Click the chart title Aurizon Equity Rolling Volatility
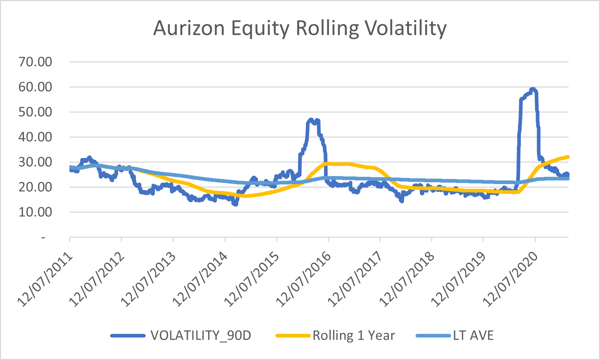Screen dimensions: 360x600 coord(300,28)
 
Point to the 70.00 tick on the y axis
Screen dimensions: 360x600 coord(35,62)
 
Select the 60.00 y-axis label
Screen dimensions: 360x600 coord(35,87)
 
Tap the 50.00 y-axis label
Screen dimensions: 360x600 coord(35,112)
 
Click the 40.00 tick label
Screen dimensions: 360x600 coord(35,137)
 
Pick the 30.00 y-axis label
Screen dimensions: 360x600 coord(35,162)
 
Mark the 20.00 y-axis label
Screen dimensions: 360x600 coord(35,187)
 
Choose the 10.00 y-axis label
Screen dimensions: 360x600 coord(35,212)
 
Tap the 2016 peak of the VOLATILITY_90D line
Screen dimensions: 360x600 coord(311,119)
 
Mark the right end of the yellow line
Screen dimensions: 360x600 coord(568,157)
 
